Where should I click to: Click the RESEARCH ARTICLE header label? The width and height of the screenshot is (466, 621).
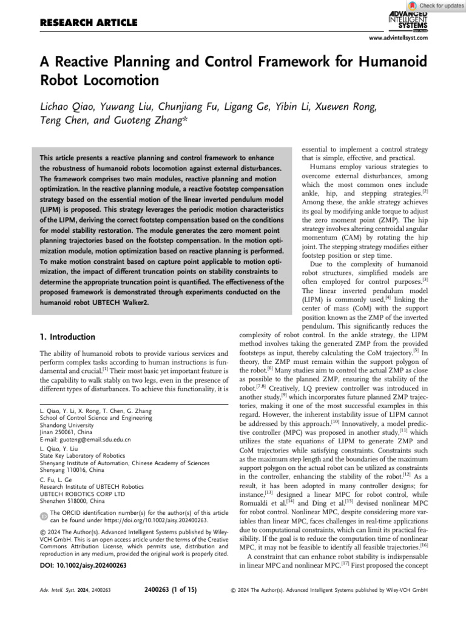pos(88,23)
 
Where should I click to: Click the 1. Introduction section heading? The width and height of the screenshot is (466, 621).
pos(67,337)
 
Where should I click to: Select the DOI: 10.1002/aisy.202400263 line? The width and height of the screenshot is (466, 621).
pos(83,565)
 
